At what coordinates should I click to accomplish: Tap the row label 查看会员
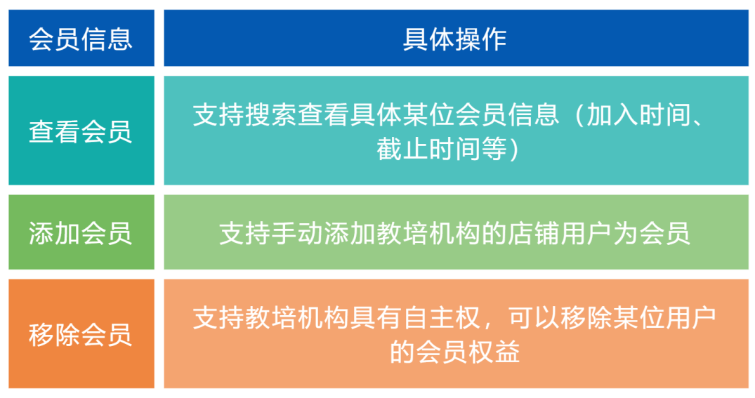[x=81, y=131]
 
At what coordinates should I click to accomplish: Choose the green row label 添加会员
[x=81, y=233]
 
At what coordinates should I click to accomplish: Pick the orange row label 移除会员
[x=81, y=334]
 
